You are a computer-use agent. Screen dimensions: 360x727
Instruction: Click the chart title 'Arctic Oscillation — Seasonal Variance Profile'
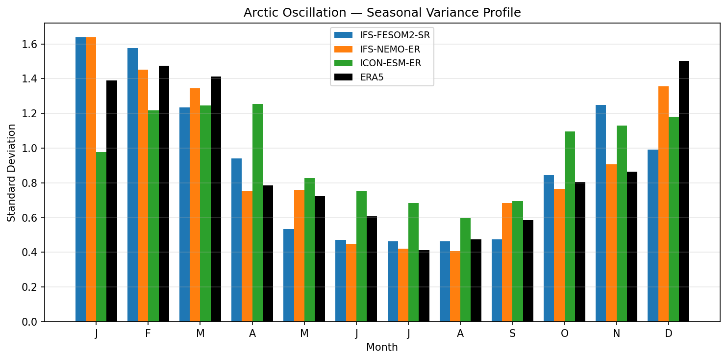pos(382,13)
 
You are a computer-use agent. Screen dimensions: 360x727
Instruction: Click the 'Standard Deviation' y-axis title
pos(11,173)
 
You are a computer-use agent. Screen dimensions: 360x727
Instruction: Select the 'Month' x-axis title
pos(382,348)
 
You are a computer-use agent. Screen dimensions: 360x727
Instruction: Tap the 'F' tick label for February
pos(148,334)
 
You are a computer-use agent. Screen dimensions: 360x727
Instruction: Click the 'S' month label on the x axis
pos(512,334)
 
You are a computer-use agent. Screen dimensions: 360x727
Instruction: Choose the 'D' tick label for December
pos(668,334)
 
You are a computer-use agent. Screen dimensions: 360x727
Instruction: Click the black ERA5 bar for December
pos(684,191)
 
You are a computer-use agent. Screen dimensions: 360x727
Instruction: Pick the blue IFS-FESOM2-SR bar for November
pos(601,213)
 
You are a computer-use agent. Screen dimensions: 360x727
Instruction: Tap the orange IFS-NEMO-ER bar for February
pos(143,196)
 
